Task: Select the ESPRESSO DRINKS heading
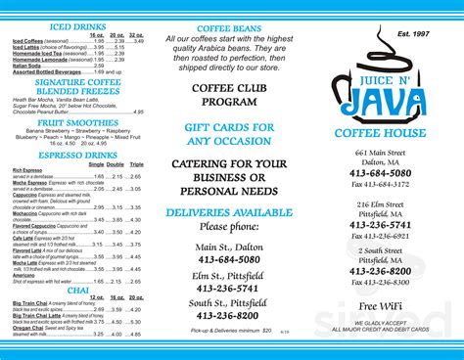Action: click(77, 155)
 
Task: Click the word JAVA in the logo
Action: click(387, 100)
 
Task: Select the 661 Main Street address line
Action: click(381, 154)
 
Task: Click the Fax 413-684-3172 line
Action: click(381, 184)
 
